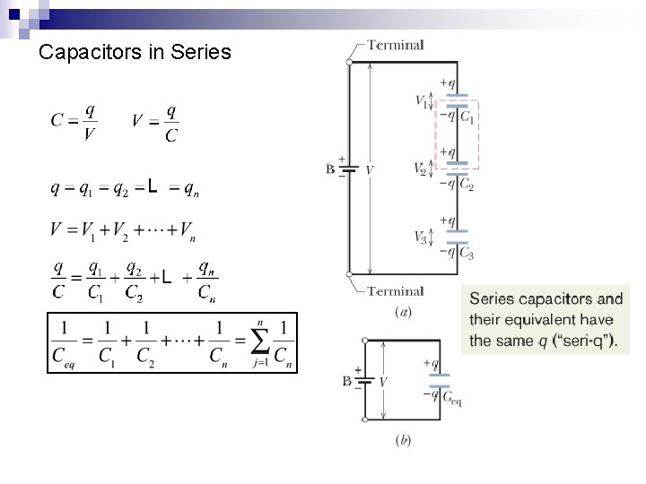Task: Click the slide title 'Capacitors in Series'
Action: [135, 53]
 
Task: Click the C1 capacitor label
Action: [467, 116]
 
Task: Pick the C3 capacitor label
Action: [467, 253]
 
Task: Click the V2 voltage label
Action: [421, 168]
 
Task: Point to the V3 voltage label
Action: [422, 238]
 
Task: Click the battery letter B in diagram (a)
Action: [330, 169]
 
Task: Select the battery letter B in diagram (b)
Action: [346, 381]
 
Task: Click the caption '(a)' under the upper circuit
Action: [403, 312]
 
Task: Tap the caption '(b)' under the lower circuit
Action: [403, 441]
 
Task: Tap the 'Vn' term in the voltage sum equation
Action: [187, 231]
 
